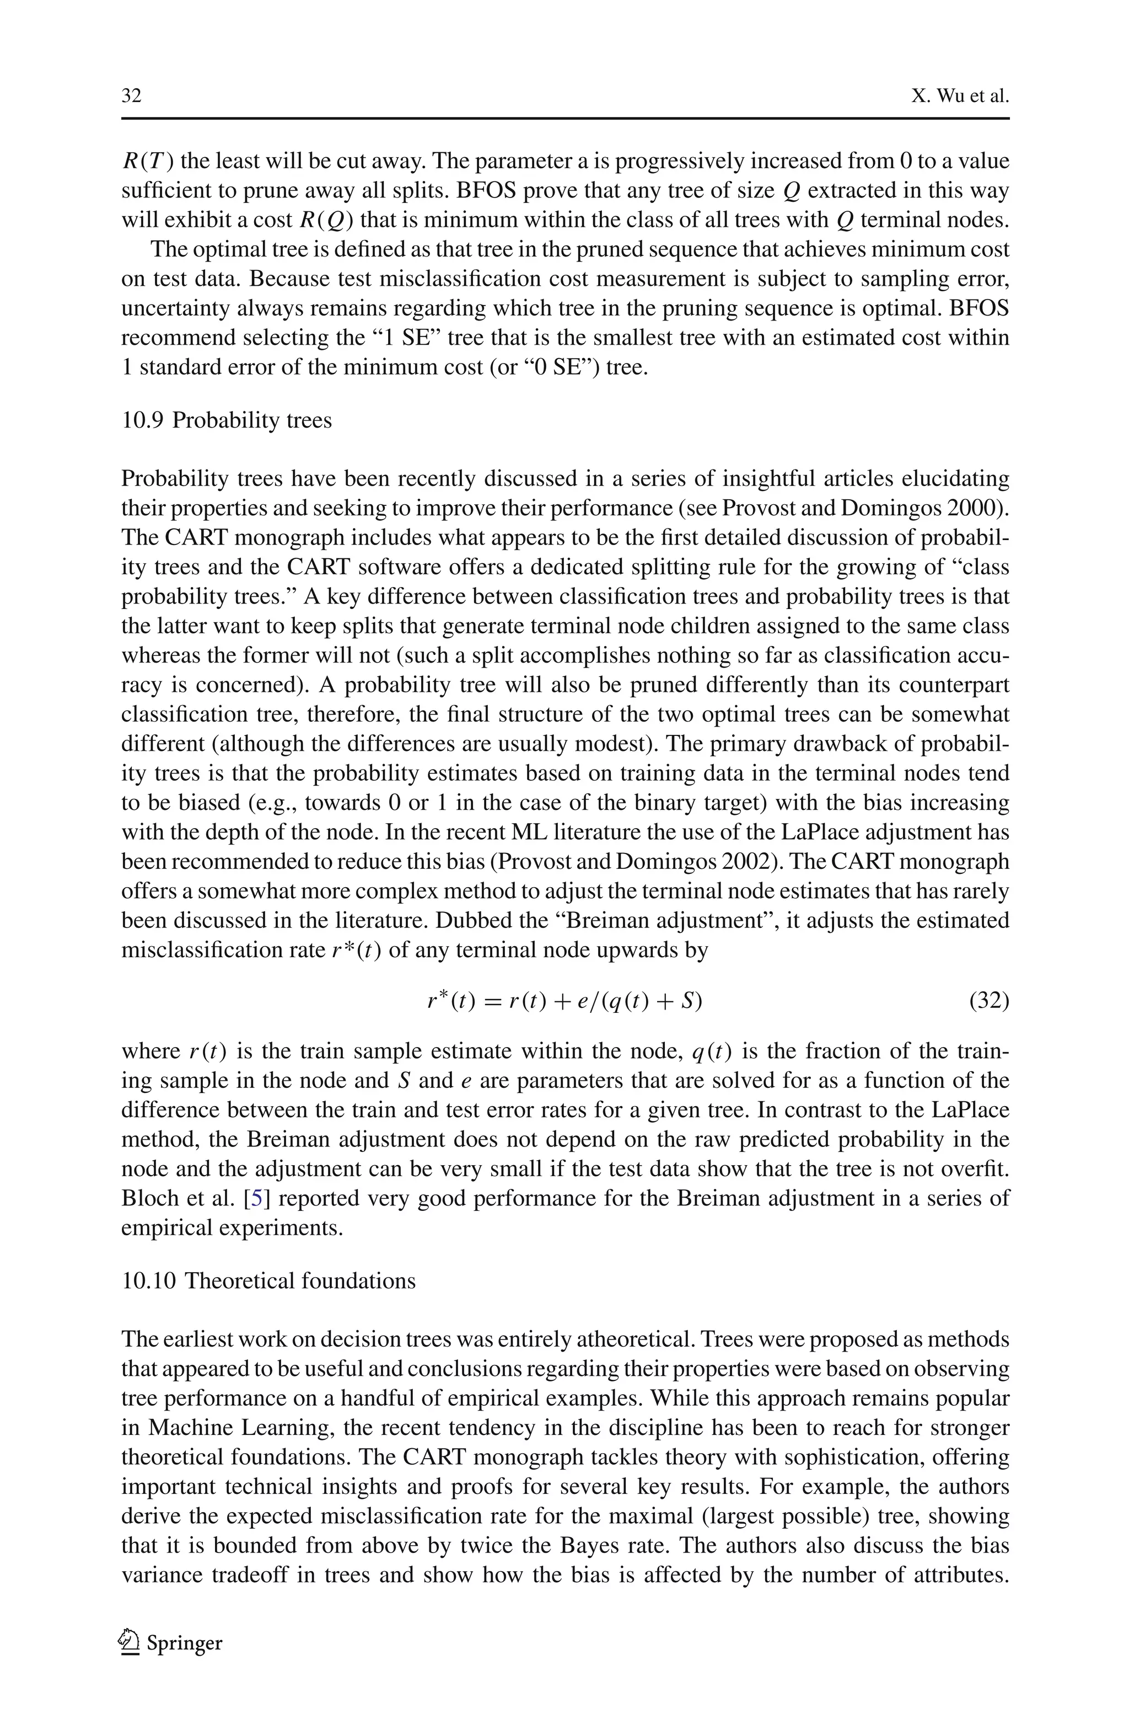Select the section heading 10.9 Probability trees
click(226, 420)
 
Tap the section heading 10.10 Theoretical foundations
click(268, 1281)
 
